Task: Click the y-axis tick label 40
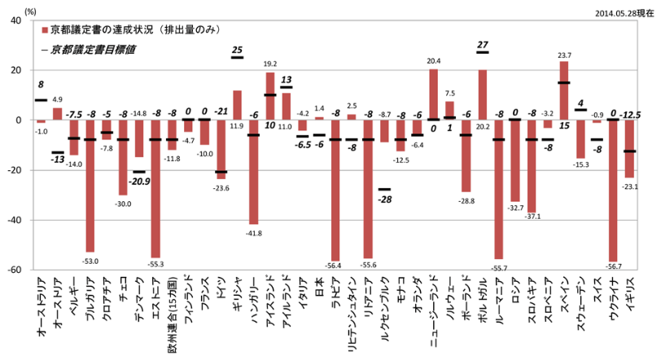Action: coord(16,21)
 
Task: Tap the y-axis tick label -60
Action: coord(14,270)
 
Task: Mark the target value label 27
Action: coord(483,45)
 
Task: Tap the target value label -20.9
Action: coord(139,180)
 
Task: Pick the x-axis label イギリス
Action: coord(627,295)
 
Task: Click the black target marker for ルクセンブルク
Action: coord(384,189)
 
